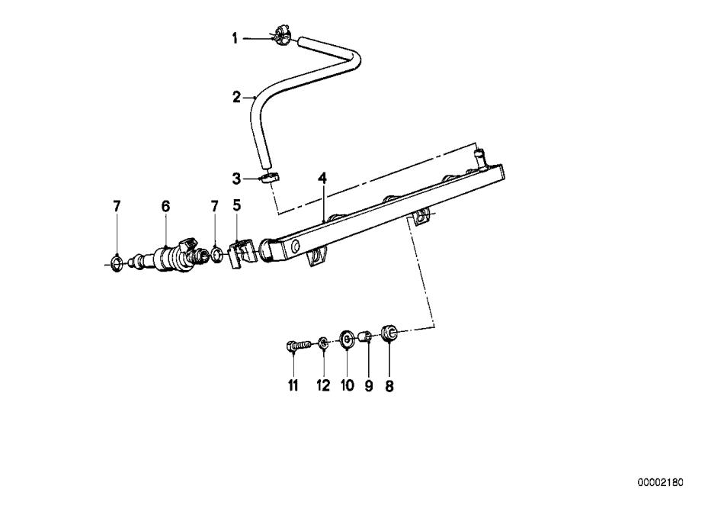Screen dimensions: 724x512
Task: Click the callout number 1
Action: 235,38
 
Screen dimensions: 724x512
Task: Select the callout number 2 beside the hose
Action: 236,98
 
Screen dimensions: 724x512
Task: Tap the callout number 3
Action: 236,179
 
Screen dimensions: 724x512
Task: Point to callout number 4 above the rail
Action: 322,179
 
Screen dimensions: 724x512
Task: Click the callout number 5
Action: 237,205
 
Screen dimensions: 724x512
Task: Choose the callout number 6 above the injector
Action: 166,206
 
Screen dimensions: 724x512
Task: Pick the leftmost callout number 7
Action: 117,206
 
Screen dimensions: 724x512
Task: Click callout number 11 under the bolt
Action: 293,385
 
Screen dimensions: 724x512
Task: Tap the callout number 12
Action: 323,385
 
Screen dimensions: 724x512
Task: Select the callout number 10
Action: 348,385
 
